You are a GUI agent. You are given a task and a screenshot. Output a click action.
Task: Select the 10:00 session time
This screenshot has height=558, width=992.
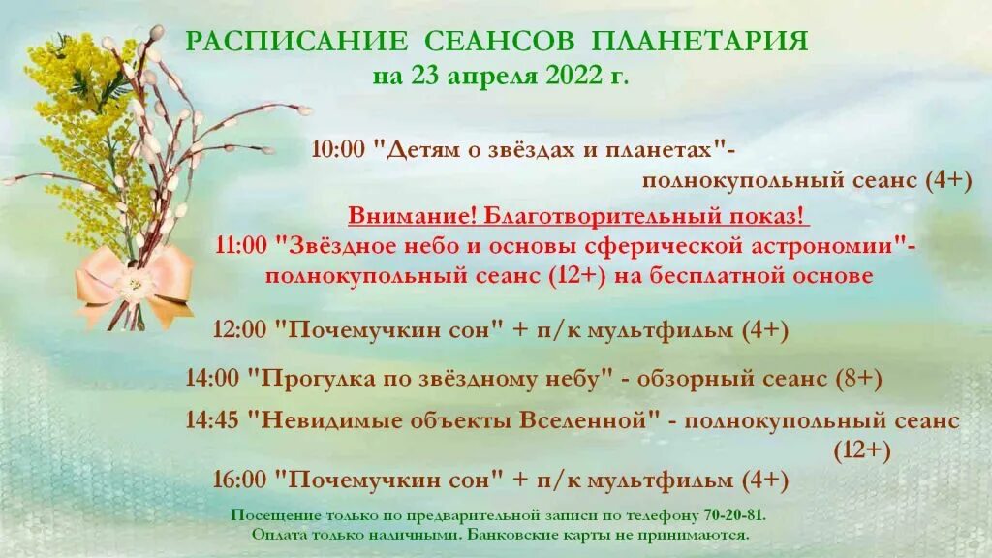337,149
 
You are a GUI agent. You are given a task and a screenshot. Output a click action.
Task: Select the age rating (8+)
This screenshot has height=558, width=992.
857,379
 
